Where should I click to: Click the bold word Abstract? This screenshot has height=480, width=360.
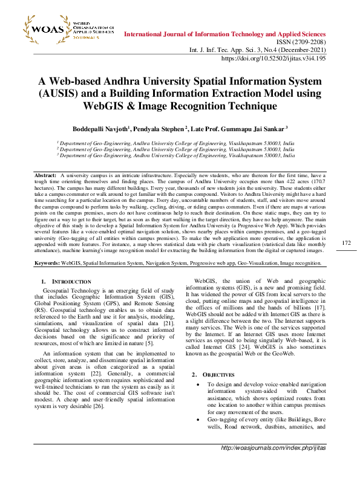click(45, 175)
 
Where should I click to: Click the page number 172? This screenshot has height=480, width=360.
click(346, 260)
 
